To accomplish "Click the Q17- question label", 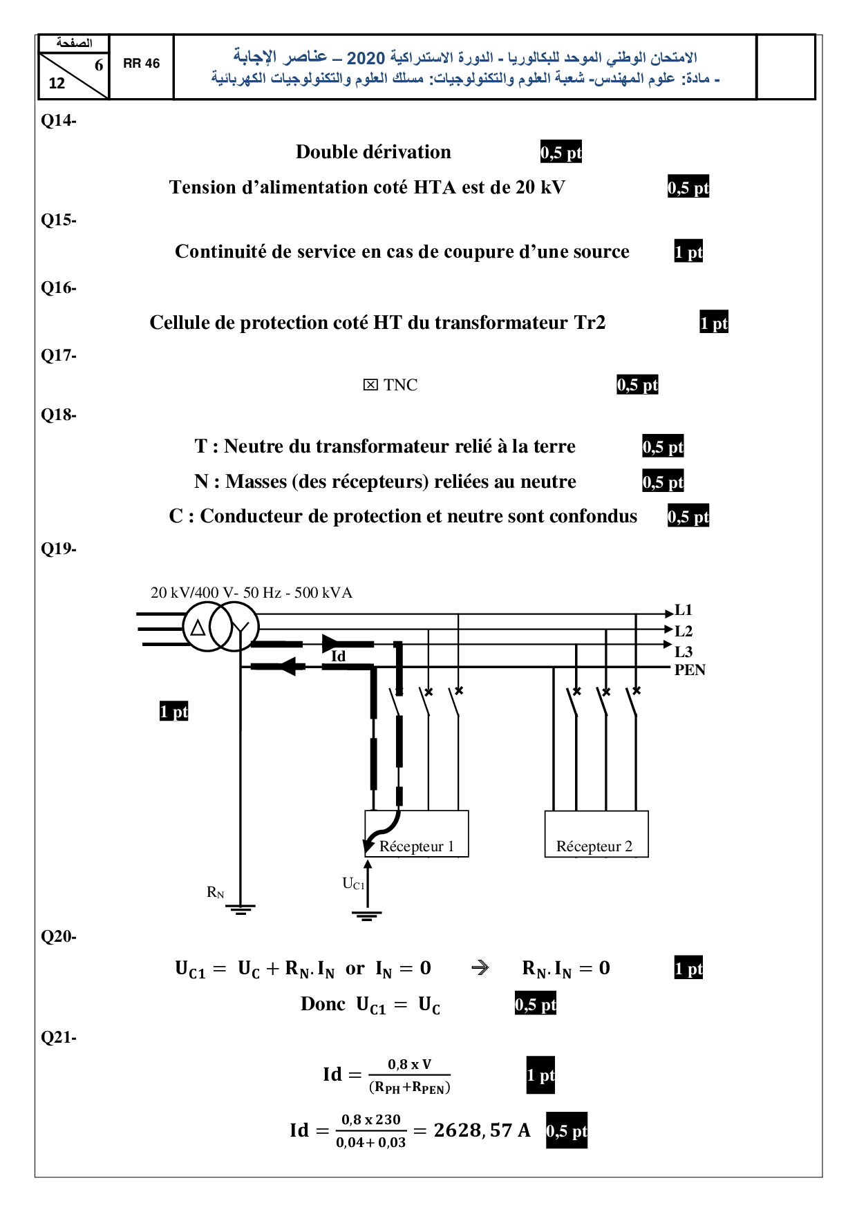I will click(58, 355).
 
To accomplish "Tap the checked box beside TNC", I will click(370, 385).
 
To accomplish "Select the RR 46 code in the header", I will click(141, 64).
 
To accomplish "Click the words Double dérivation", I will click(373, 152).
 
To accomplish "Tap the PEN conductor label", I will click(690, 670).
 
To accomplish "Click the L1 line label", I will click(684, 610).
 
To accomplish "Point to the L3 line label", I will click(684, 652).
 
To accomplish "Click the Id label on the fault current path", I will click(338, 656).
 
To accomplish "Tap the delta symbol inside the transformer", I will click(198, 628).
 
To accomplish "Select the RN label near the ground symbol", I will click(216, 892).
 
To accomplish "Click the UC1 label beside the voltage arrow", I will click(352, 884).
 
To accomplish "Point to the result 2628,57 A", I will click(482, 1130).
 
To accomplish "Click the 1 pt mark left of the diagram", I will click(173, 712).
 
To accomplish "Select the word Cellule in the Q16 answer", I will click(178, 323).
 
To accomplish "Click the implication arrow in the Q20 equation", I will click(480, 968).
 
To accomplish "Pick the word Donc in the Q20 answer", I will click(323, 1004).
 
